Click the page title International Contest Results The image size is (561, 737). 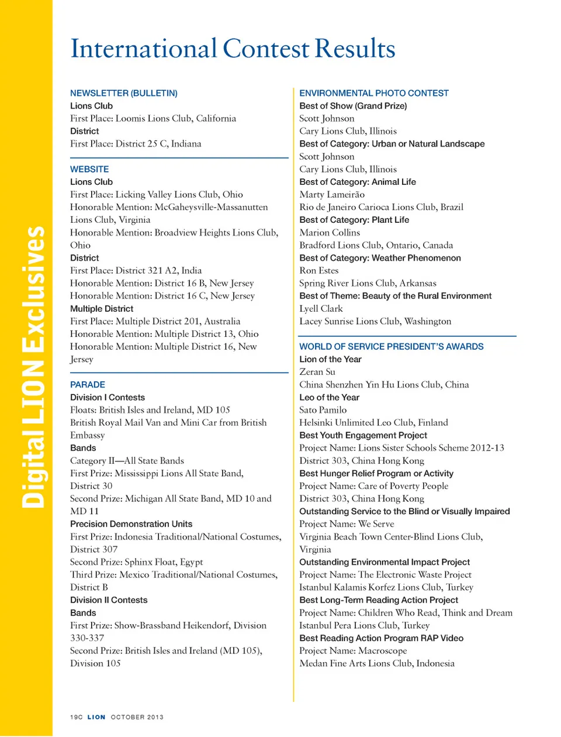[x=233, y=49]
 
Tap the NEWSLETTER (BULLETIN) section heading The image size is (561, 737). [x=123, y=93]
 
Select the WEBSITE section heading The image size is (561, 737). [x=89, y=169]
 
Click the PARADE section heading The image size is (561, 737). [x=88, y=384]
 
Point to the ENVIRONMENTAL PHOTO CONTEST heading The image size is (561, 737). [x=373, y=93]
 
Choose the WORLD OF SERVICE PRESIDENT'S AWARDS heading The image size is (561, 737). [x=391, y=346]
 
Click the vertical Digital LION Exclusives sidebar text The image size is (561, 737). [x=33, y=367]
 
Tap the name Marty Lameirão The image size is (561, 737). [x=331, y=194]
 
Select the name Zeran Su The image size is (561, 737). [x=317, y=371]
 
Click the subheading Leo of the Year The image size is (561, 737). [x=329, y=397]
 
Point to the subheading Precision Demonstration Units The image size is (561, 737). [x=131, y=524]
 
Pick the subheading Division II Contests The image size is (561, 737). [x=109, y=600]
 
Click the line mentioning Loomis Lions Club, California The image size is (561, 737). [x=153, y=118]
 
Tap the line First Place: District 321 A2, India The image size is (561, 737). [x=136, y=270]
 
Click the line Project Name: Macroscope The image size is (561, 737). [x=353, y=650]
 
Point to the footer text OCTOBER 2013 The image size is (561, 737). [x=137, y=717]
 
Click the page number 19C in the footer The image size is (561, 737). [x=76, y=717]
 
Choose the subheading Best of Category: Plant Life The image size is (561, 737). [x=354, y=220]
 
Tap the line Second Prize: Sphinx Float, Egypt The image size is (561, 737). [x=136, y=562]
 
